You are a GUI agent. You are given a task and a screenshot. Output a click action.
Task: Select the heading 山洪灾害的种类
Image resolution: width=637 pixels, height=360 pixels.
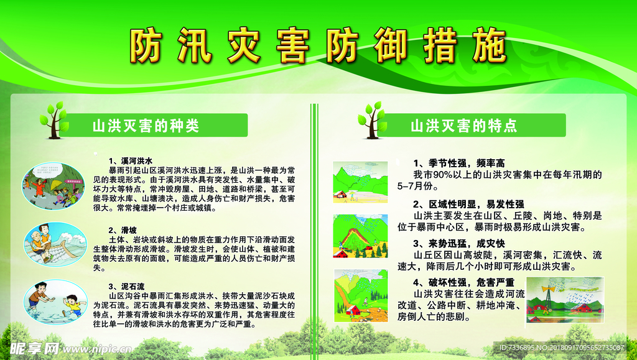(x=146, y=126)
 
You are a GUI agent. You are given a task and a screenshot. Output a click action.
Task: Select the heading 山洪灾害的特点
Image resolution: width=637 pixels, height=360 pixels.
(x=463, y=126)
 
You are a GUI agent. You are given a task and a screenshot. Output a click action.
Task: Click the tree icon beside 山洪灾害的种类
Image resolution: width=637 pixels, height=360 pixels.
(x=53, y=120)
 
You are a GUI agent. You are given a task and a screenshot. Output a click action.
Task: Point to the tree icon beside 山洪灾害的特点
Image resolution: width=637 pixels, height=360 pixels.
(x=372, y=120)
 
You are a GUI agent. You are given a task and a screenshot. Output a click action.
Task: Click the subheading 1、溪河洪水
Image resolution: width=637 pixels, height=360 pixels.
(x=130, y=160)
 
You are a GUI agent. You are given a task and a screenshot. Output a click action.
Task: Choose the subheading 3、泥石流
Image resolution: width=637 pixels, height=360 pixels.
(x=126, y=287)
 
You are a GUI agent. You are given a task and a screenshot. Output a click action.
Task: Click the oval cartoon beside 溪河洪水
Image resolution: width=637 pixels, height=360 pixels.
(x=53, y=185)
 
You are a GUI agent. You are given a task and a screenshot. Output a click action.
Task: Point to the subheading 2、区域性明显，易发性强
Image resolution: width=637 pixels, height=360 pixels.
(x=468, y=204)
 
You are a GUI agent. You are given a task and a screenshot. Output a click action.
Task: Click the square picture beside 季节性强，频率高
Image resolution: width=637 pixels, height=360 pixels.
(x=360, y=180)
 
